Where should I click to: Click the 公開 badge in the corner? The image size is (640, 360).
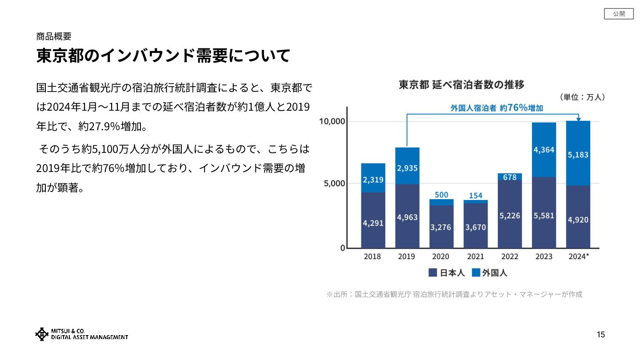[x=619, y=14]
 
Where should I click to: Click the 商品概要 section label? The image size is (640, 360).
[x=54, y=36]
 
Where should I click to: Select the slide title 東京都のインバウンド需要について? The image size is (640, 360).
[x=163, y=56]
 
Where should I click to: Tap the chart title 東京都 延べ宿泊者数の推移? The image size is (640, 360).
[x=461, y=84]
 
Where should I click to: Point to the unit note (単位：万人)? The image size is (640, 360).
[x=582, y=97]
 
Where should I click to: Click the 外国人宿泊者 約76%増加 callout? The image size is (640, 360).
[x=496, y=108]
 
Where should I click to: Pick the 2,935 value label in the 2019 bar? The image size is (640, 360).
[x=407, y=168]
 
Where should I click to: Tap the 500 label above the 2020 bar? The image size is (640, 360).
[x=441, y=195]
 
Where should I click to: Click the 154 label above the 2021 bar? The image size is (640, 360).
[x=476, y=196]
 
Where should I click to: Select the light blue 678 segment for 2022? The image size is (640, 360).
[x=510, y=177]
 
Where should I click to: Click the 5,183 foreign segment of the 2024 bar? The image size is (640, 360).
[x=578, y=155]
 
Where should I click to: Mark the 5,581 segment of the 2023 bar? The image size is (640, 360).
[x=544, y=216]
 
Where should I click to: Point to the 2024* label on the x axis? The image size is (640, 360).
[x=579, y=256]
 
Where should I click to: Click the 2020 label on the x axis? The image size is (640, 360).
[x=441, y=256]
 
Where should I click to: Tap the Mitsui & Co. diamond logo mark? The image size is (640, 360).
[x=42, y=334]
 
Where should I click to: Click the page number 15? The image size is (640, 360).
[x=600, y=335]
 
